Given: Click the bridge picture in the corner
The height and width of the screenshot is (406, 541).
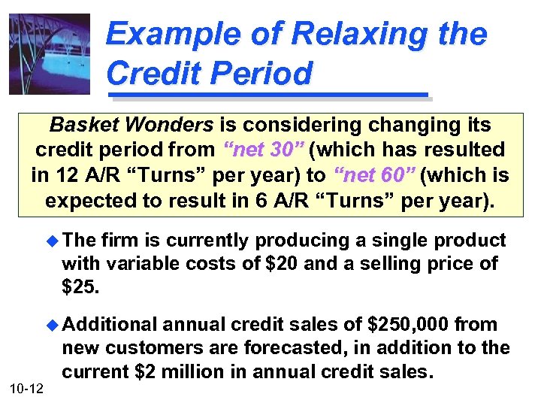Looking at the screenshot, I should pyautogui.click(x=49, y=54).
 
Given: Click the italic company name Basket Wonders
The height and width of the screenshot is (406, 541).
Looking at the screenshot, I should pyautogui.click(x=131, y=124).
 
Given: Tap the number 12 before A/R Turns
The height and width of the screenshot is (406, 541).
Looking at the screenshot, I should pyautogui.click(x=62, y=175).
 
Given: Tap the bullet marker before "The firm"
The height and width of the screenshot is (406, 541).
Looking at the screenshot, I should pyautogui.click(x=51, y=241).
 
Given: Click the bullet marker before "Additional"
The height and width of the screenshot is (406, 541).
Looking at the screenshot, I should pyautogui.click(x=51, y=325).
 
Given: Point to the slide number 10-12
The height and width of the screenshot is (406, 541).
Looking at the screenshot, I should pyautogui.click(x=28, y=387).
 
